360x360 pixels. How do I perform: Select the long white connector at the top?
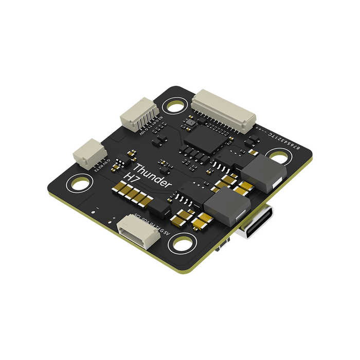pos(223,110)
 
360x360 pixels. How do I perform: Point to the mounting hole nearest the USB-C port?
pos(280,156)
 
